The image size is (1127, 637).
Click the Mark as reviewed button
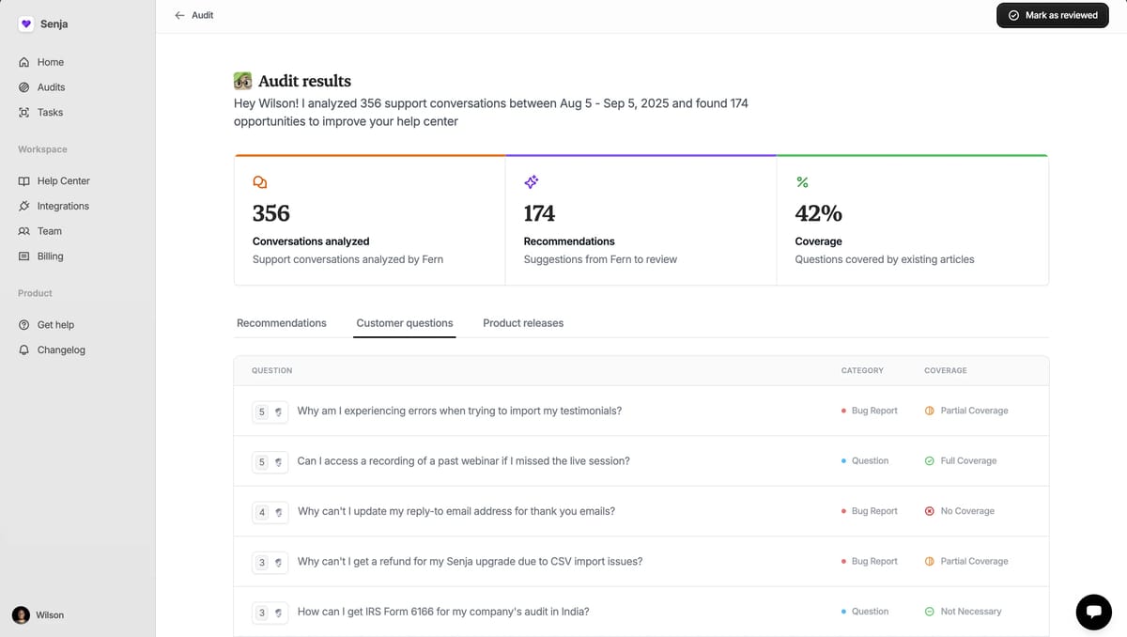point(1053,15)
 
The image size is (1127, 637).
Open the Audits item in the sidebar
point(51,87)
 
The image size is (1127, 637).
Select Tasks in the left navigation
point(50,113)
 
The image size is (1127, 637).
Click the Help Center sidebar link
point(63,181)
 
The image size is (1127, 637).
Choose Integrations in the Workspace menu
point(63,207)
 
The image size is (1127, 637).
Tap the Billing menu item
point(50,256)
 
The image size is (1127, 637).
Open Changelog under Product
point(61,350)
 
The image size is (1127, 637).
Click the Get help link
point(55,325)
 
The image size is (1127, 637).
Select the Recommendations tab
point(282,323)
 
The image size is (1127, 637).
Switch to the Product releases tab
point(523,323)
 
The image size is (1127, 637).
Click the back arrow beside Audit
point(179,15)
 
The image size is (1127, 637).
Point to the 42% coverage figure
point(818,214)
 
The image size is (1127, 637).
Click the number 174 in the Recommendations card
point(539,214)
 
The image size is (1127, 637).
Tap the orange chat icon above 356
point(260,182)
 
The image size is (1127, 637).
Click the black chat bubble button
point(1093,612)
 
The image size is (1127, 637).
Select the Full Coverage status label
point(967,461)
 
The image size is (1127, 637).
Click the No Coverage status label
point(966,511)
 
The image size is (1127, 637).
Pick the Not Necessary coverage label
point(970,612)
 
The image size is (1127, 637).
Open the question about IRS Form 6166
point(443,612)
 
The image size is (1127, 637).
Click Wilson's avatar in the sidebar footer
point(21,615)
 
